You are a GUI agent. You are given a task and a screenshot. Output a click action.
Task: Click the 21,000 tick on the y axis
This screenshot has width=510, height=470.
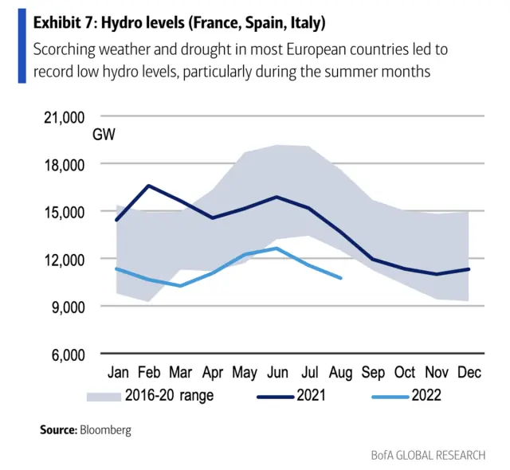(61, 117)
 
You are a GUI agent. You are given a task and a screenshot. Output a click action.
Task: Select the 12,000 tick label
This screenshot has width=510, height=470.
(61, 259)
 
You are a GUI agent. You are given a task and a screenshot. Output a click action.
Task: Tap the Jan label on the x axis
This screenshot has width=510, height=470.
(118, 373)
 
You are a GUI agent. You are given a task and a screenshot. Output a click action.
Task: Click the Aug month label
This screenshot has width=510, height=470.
(340, 373)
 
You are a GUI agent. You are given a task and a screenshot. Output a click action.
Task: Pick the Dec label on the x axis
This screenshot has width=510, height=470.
(468, 373)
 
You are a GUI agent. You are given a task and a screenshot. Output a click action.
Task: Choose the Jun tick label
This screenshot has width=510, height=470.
(277, 373)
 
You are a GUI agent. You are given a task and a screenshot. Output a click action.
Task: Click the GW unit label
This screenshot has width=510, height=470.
(104, 135)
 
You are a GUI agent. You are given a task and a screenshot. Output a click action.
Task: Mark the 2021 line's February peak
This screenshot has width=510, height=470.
(149, 186)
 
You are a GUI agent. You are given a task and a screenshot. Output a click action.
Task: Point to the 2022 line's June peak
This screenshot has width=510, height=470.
(276, 248)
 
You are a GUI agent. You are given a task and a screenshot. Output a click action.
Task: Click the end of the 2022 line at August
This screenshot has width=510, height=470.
(341, 278)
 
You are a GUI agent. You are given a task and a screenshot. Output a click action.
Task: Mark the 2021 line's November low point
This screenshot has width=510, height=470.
(436, 274)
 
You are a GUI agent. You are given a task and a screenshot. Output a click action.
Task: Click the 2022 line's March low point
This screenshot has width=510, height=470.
(181, 285)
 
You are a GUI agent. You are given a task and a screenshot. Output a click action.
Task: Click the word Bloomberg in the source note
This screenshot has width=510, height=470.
(104, 429)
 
